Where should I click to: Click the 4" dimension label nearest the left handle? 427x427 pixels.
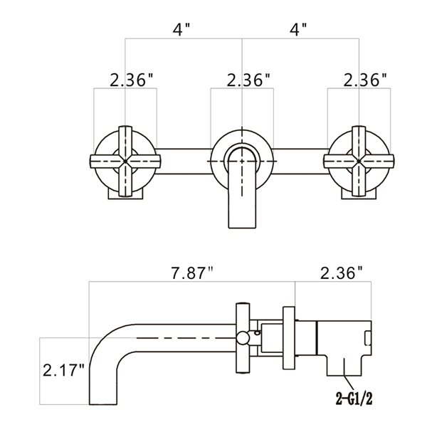click(183, 31)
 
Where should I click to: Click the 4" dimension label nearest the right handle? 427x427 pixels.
click(299, 31)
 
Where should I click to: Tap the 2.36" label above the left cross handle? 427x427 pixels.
click(132, 80)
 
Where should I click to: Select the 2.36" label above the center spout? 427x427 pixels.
click(248, 80)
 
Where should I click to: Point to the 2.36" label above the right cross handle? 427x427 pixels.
click(364, 80)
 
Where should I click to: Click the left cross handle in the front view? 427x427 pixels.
click(126, 162)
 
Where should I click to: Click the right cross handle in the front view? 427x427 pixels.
click(359, 162)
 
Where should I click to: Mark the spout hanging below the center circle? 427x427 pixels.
click(243, 196)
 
